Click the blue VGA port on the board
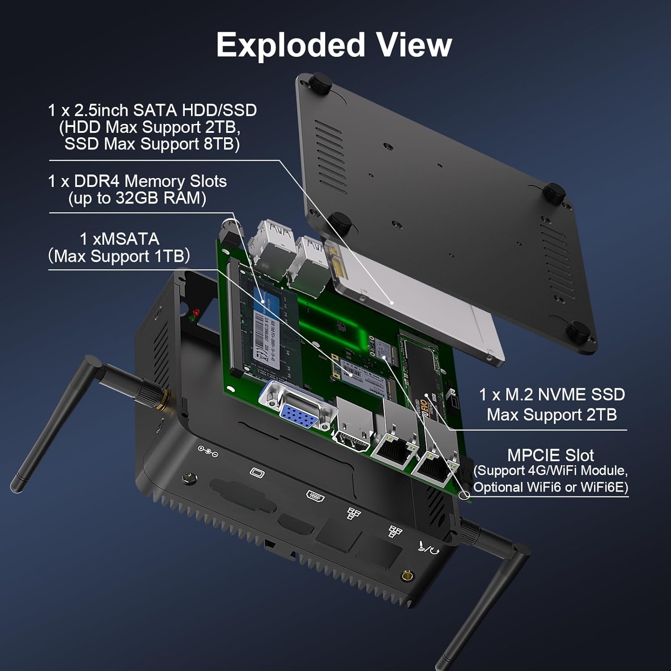298,413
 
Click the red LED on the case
195,312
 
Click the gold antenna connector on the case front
407,576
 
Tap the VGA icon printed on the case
257,472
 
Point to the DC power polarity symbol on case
208,451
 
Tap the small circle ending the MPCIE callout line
464,495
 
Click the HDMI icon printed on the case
315,495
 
